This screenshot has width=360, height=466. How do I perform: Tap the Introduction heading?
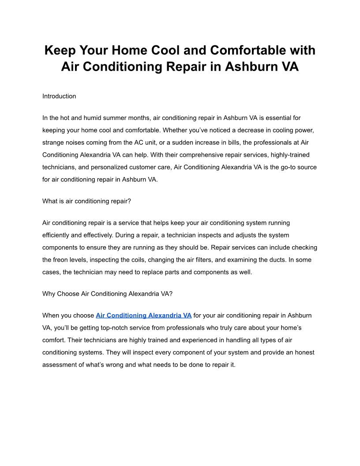(x=59, y=96)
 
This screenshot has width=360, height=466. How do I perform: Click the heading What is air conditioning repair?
(x=86, y=201)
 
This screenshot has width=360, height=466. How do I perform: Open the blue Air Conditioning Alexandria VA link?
(x=143, y=316)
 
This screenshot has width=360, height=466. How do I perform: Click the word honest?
(x=304, y=353)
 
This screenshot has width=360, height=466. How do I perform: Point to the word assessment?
(x=60, y=365)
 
